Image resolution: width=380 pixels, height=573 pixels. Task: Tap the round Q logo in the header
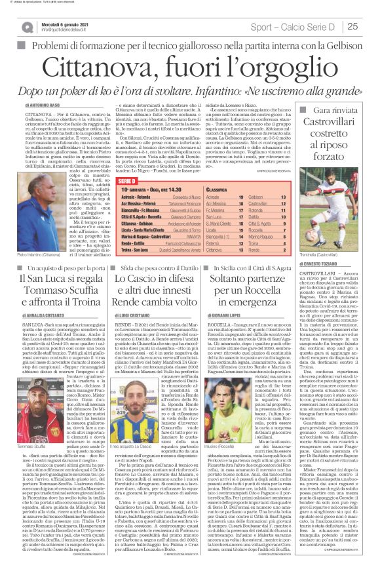click(x=26, y=27)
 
